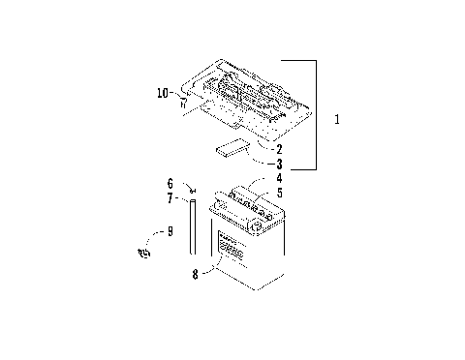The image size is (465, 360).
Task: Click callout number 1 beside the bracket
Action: tap(336, 120)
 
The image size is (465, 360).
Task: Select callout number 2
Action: tap(279, 149)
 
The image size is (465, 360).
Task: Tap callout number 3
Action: tap(279, 165)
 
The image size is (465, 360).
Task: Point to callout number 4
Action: tap(279, 179)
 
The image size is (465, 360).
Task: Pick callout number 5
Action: tap(279, 194)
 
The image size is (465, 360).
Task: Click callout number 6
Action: tap(170, 183)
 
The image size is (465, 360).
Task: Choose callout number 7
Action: tap(170, 197)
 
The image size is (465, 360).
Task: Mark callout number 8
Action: tap(197, 274)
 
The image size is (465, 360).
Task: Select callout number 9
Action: tap(170, 231)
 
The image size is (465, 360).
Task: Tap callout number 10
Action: tap(163, 93)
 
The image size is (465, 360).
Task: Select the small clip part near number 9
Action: tap(146, 253)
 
